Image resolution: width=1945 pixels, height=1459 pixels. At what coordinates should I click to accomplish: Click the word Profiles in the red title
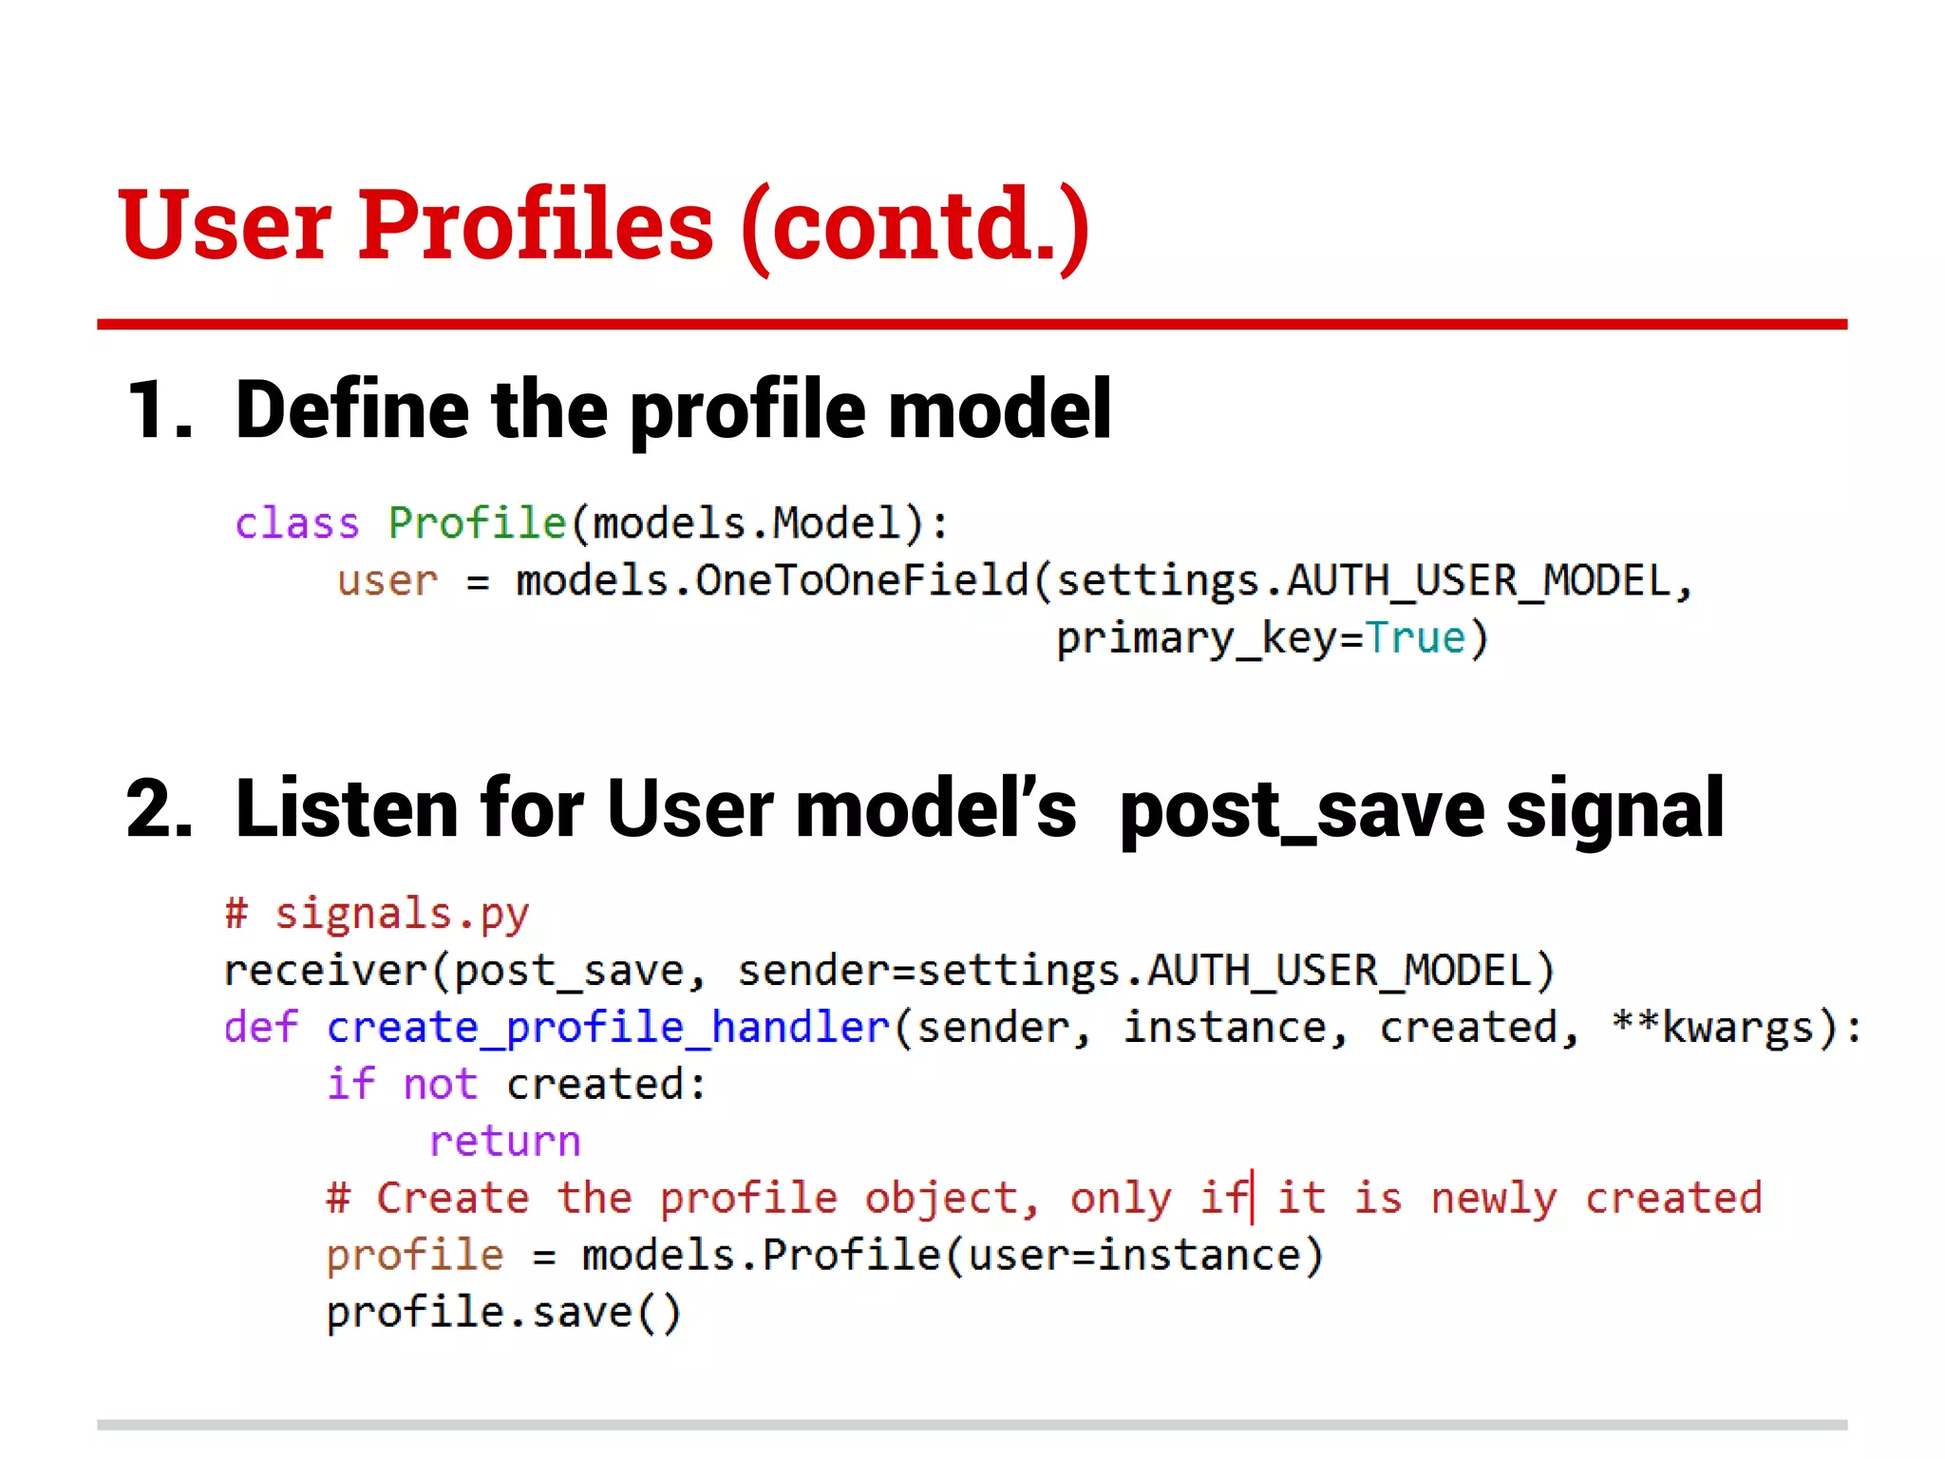tap(535, 225)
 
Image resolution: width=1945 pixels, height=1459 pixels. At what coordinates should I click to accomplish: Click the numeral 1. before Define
tap(160, 410)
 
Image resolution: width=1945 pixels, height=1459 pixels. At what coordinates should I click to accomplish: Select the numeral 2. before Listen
tap(160, 809)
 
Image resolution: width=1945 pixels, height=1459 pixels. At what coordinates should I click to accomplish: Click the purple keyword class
tap(297, 523)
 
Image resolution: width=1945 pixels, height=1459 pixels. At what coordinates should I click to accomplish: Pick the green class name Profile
tap(477, 523)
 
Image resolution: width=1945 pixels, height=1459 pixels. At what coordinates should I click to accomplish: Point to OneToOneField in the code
tap(862, 580)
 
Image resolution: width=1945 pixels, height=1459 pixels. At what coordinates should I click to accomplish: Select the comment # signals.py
tap(377, 914)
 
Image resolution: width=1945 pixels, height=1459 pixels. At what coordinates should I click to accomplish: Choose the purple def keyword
tap(260, 1028)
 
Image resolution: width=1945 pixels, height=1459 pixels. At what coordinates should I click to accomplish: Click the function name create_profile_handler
tap(608, 1029)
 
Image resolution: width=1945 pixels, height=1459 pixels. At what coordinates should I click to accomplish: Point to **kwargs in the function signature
tap(1712, 1029)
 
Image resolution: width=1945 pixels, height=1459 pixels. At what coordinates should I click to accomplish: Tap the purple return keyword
tap(504, 1142)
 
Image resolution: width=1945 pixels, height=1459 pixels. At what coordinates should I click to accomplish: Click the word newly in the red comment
tap(1494, 1199)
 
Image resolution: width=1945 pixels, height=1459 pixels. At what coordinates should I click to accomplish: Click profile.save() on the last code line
tap(503, 1313)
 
